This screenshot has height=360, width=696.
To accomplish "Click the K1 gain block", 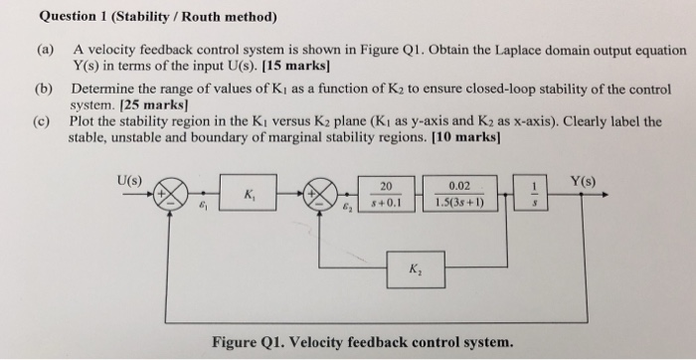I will (x=245, y=196).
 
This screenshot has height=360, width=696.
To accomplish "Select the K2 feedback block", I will (x=411, y=266).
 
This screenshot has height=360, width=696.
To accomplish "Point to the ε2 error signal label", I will (x=347, y=211).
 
